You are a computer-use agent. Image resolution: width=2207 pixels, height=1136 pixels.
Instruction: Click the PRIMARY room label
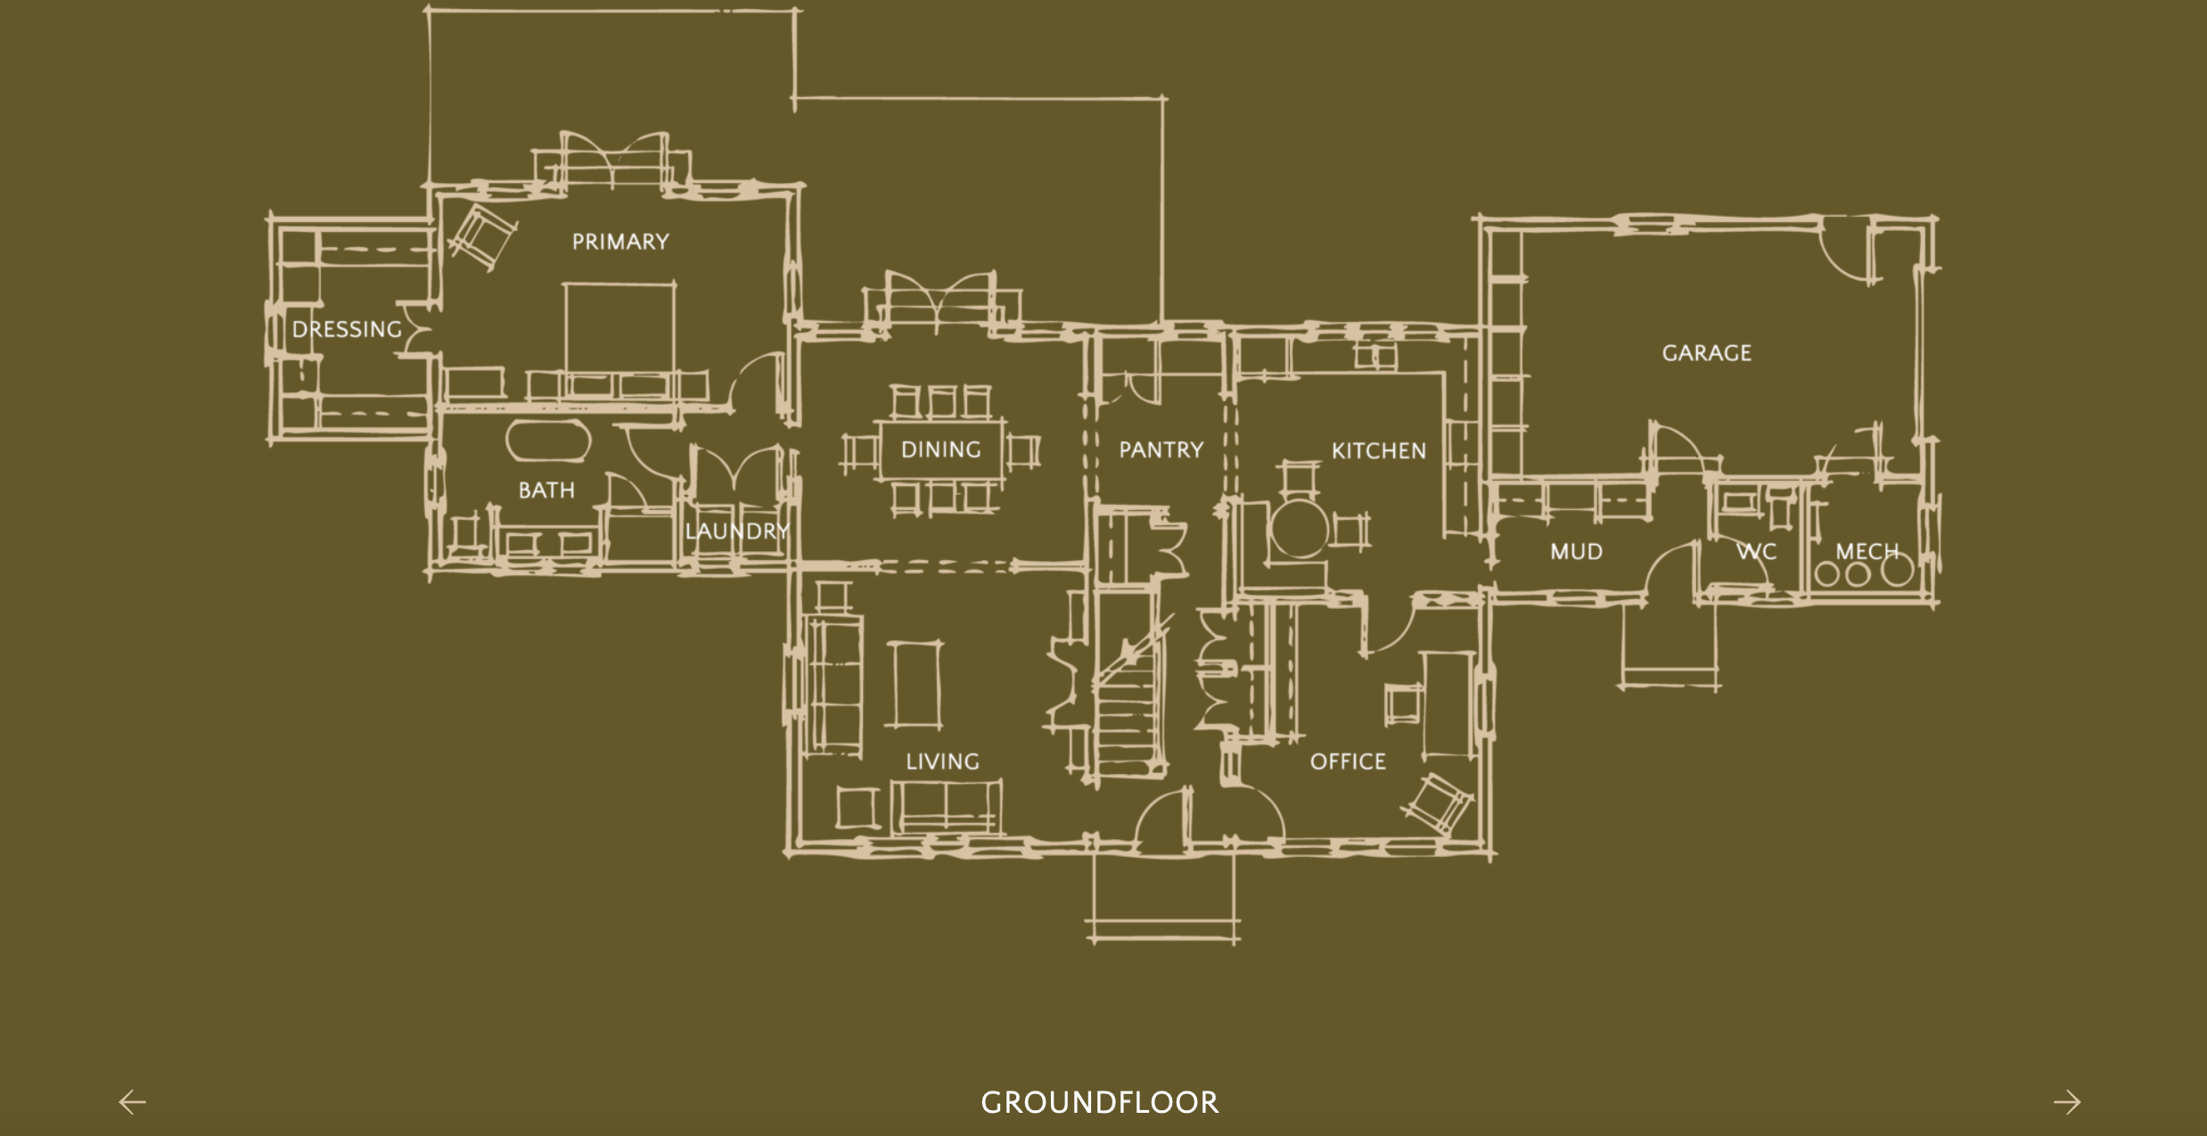[620, 242]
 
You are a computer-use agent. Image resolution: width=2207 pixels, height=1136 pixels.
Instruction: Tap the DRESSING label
[347, 329]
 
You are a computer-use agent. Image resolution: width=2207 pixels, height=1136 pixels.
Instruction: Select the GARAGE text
[1706, 353]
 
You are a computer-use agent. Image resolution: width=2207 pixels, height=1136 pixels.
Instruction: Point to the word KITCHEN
[1379, 451]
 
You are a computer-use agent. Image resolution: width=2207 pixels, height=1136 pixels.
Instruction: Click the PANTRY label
[1161, 449]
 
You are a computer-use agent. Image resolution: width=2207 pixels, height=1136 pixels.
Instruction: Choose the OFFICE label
[1348, 761]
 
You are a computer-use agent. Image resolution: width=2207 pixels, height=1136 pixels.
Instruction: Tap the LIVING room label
[942, 761]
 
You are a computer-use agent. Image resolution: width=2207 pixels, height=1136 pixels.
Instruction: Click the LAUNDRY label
[737, 531]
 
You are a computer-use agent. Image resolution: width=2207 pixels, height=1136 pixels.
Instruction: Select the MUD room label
[1576, 552]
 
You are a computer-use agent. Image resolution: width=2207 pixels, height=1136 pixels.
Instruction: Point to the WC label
[1756, 552]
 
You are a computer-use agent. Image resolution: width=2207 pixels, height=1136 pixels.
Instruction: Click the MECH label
[1867, 552]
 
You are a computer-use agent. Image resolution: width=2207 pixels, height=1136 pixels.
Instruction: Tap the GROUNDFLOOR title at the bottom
[1100, 1103]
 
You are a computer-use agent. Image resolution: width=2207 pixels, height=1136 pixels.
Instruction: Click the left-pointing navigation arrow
[133, 1102]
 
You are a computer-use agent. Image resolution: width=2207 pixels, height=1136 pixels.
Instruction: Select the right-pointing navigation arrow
[2067, 1102]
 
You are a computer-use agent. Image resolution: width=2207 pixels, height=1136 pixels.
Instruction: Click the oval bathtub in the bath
[547, 440]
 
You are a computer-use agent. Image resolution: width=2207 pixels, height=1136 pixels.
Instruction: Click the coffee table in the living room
[915, 685]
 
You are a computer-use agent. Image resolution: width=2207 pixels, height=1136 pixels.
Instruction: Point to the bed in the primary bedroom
[619, 339]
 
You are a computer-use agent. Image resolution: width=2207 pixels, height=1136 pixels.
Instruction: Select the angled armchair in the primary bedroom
[482, 235]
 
